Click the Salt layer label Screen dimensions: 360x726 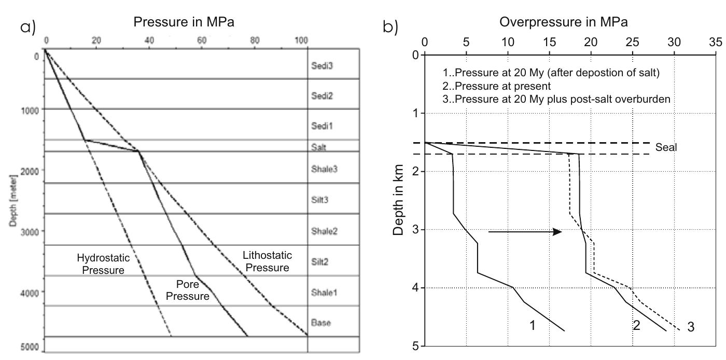(318, 147)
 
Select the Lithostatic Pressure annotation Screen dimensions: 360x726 (267, 261)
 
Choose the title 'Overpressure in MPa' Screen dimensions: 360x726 (563, 22)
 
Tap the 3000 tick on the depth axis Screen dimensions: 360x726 (32, 231)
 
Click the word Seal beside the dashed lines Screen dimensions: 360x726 (666, 147)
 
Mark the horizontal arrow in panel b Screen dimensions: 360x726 (525, 232)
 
